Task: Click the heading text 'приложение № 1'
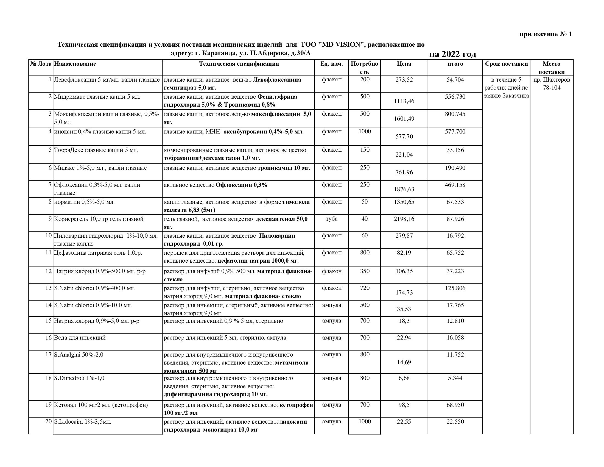[x=545, y=34]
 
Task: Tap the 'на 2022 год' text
[x=452, y=54]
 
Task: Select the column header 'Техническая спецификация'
[x=239, y=64]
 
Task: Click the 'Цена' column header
[x=404, y=64]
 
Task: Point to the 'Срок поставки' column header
[x=506, y=64]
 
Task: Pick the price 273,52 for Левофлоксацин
[x=404, y=80]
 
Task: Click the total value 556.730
[x=455, y=97]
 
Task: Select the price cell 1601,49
[x=404, y=119]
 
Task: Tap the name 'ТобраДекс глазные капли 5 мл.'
[x=96, y=150]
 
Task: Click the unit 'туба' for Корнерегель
[x=332, y=219]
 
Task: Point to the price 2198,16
[x=404, y=219]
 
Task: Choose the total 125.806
[x=455, y=288]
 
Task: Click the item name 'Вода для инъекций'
[x=80, y=338]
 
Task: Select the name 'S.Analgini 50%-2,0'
[x=79, y=355]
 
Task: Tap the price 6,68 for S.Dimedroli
[x=404, y=378]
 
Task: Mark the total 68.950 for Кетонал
[x=455, y=405]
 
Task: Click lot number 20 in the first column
[x=48, y=422]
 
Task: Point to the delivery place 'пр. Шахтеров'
[x=552, y=80]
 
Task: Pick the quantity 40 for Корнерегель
[x=365, y=219]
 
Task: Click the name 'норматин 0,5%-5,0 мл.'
[x=84, y=202]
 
